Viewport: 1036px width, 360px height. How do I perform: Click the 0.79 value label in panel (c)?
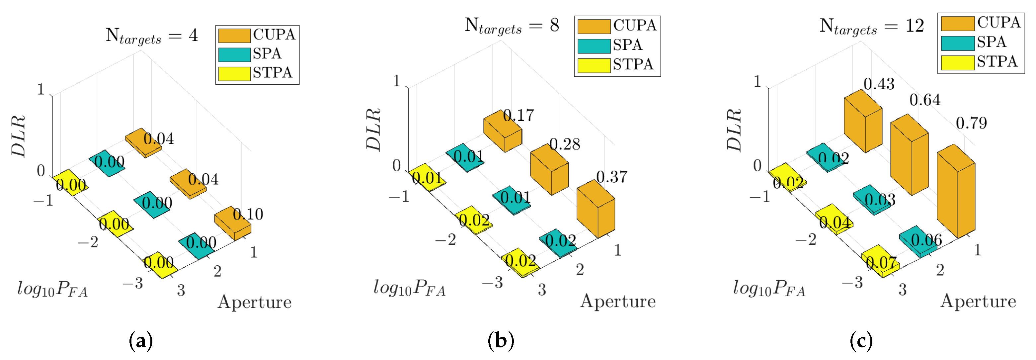971,123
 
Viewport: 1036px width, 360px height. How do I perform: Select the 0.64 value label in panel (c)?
924,100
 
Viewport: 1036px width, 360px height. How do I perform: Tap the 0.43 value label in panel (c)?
879,84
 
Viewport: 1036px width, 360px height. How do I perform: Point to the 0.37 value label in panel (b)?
611,177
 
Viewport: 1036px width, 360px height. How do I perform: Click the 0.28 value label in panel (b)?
565,144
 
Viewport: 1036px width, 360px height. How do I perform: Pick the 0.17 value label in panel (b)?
518,116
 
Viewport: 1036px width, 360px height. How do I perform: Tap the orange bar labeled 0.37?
595,211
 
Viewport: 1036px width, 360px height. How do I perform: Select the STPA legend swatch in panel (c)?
957,62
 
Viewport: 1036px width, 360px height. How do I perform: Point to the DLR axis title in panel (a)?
19,136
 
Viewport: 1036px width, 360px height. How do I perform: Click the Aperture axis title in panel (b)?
618,301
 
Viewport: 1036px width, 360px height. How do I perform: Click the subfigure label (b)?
501,341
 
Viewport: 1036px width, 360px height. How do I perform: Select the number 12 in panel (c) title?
915,26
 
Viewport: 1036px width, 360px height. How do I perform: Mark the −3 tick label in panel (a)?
133,284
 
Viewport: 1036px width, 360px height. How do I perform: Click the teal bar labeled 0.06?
918,241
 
